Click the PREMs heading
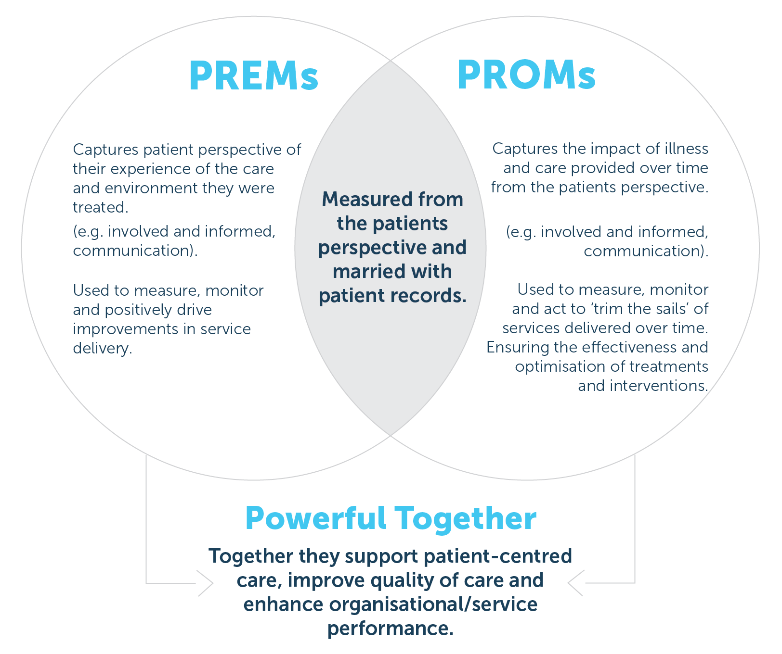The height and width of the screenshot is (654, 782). click(x=254, y=75)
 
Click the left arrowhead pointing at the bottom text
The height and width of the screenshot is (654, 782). click(x=206, y=583)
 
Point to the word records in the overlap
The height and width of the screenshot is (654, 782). click(x=431, y=296)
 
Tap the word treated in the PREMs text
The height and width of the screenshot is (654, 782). click(x=99, y=207)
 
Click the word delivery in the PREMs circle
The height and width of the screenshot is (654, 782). click(x=101, y=348)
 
